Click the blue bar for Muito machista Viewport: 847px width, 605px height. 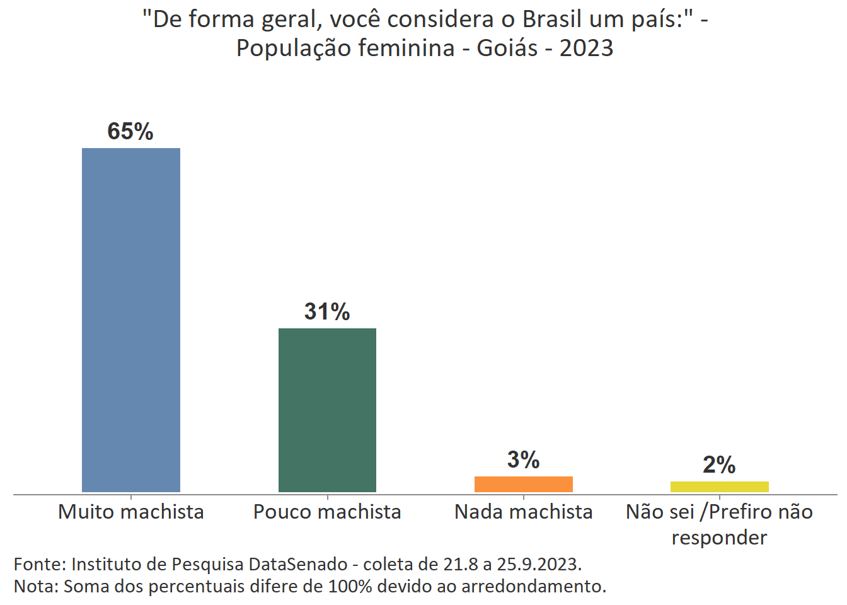(x=131, y=320)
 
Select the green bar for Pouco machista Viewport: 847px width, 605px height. (x=327, y=410)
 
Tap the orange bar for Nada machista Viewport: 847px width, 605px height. (x=523, y=484)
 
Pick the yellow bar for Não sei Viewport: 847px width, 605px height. (x=719, y=487)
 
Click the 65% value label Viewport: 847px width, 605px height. (x=130, y=131)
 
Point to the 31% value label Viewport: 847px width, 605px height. (x=327, y=311)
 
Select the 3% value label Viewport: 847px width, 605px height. (x=523, y=459)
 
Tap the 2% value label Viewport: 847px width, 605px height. (x=719, y=464)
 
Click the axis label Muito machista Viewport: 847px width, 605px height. (x=131, y=512)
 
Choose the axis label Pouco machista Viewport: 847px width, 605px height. (x=327, y=512)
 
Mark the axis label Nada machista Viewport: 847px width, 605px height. (x=523, y=512)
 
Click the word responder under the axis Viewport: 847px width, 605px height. (x=719, y=538)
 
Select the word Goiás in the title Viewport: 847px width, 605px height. (x=507, y=48)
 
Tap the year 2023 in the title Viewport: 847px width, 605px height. (x=586, y=48)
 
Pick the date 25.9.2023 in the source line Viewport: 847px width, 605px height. (x=539, y=563)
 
